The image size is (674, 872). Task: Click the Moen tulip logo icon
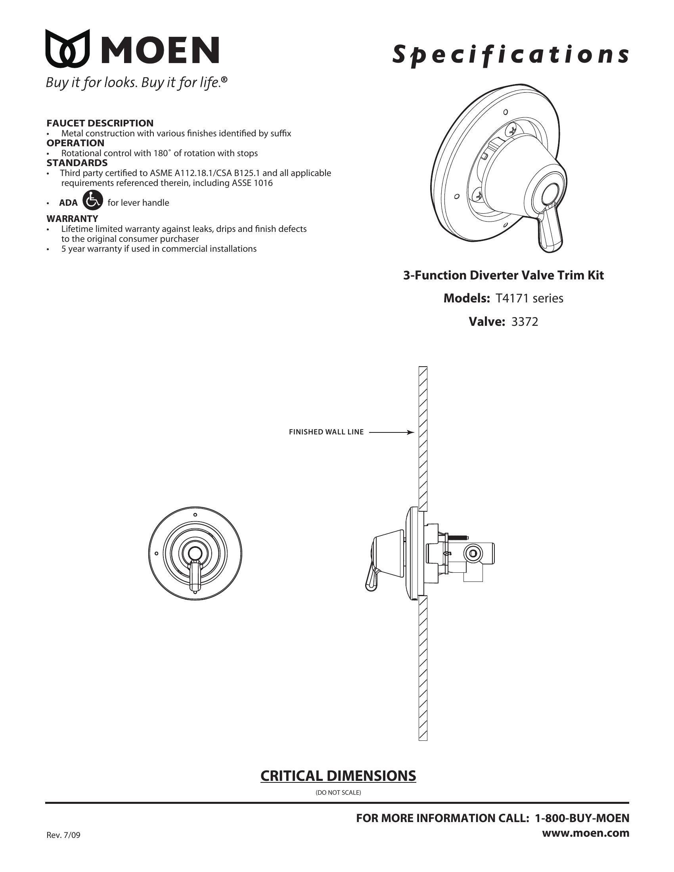[x=67, y=48]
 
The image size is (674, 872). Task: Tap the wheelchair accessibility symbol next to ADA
[x=93, y=200]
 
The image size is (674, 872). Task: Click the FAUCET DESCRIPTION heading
[x=100, y=123]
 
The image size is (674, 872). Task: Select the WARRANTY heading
[x=72, y=218]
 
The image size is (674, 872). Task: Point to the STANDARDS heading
[x=77, y=163]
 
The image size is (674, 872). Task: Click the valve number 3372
[x=525, y=322]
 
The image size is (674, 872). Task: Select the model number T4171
[x=513, y=298]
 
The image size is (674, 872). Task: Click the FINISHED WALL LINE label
[x=326, y=432]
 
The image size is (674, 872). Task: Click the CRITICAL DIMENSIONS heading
[x=338, y=776]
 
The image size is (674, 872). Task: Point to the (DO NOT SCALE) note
[x=338, y=793]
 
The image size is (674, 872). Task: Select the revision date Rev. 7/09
[x=63, y=835]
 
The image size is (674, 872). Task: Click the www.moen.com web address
[x=585, y=833]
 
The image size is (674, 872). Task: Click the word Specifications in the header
[x=510, y=55]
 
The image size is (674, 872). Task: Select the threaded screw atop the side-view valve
[x=459, y=537]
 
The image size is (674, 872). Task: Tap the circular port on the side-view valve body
[x=473, y=553]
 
